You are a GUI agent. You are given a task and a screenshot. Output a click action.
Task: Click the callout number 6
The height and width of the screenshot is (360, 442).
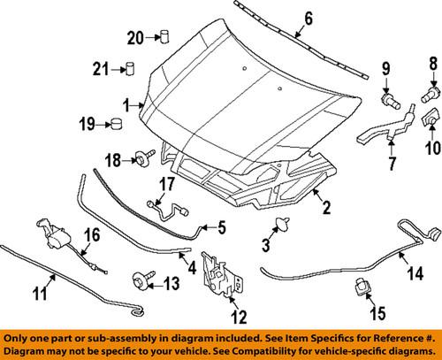click(x=283, y=18)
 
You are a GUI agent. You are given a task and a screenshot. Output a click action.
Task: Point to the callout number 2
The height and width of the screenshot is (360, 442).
click(x=325, y=209)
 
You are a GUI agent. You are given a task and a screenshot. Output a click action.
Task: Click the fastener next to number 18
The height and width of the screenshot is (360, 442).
click(x=141, y=157)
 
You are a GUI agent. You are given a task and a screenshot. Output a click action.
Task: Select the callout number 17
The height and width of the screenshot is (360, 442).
click(x=165, y=186)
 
